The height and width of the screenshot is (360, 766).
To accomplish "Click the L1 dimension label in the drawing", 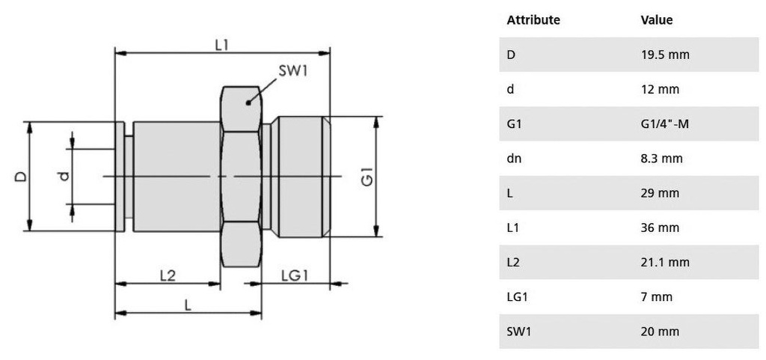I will tap(221, 45).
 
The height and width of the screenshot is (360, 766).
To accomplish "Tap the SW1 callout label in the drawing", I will tap(295, 71).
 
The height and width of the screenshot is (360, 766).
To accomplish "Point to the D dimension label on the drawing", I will tap(21, 177).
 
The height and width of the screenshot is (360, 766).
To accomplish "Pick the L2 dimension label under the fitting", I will tap(168, 275).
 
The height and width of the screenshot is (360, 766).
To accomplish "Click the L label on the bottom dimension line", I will tap(188, 305).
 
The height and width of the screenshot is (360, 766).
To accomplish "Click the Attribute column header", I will tap(533, 20).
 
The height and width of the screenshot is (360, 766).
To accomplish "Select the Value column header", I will tap(656, 20).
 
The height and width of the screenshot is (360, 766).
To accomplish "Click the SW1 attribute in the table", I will tap(518, 332).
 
